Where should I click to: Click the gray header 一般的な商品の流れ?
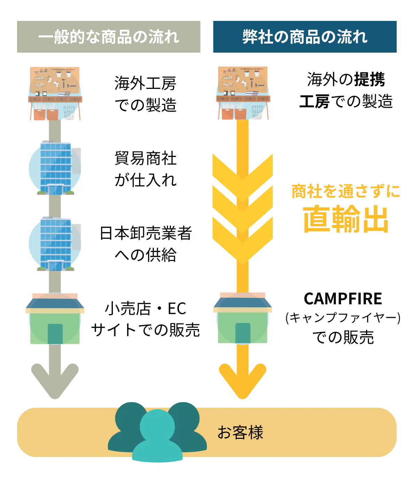109,37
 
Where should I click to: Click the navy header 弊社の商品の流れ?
305,37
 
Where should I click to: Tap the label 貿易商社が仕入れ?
146,169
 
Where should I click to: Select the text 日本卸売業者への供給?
146,244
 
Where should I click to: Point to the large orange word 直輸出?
346,219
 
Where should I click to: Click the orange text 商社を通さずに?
346,191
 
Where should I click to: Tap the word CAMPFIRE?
343,299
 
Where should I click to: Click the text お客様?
240,433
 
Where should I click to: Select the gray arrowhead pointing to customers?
55,380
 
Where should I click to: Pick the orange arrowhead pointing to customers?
242,380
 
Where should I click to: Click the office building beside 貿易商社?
56,168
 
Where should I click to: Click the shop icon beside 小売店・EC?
55,319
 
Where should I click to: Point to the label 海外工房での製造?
146,94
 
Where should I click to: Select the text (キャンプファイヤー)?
343,318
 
